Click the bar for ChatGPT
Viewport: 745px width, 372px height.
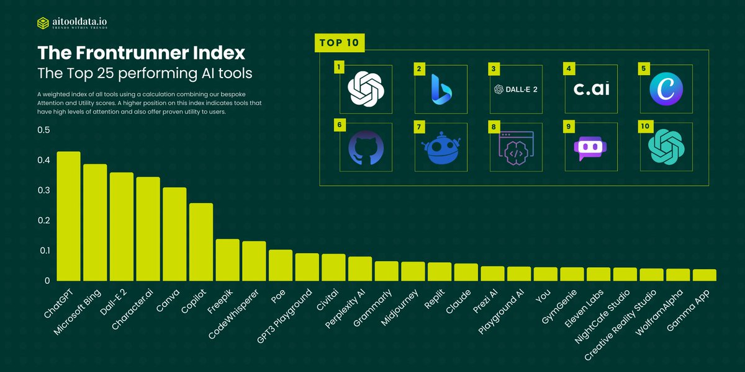[68, 216]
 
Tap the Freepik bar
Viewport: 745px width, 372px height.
[227, 260]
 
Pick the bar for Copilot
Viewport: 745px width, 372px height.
[201, 242]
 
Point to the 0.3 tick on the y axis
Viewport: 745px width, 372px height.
[43, 190]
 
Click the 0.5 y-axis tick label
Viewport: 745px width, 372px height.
[43, 130]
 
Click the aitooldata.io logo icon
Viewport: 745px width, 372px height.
[43, 23]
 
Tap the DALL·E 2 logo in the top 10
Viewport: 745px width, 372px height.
[516, 89]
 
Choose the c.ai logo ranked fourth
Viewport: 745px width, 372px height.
[591, 89]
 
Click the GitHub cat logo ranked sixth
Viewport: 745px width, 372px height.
[366, 147]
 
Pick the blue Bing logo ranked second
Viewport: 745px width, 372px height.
[441, 89]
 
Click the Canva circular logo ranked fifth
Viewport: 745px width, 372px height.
[666, 89]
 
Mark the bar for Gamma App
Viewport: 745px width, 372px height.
[705, 275]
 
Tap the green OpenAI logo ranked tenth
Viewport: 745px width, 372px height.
[666, 147]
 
